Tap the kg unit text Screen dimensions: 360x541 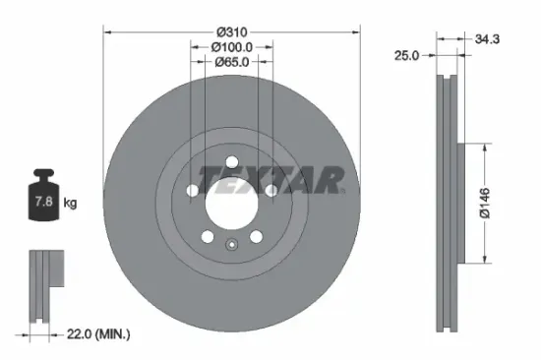pos(70,203)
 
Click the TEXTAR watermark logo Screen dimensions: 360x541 pos(271,179)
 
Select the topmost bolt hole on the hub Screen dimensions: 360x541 pos(229,163)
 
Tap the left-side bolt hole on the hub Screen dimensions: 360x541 pos(191,192)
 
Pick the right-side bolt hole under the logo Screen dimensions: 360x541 pos(268,190)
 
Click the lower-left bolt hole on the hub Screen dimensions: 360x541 pos(206,237)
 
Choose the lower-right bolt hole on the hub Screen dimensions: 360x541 pos(255,236)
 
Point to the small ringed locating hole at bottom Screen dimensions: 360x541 pos(230,247)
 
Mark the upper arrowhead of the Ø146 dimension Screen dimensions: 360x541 pos(485,146)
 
